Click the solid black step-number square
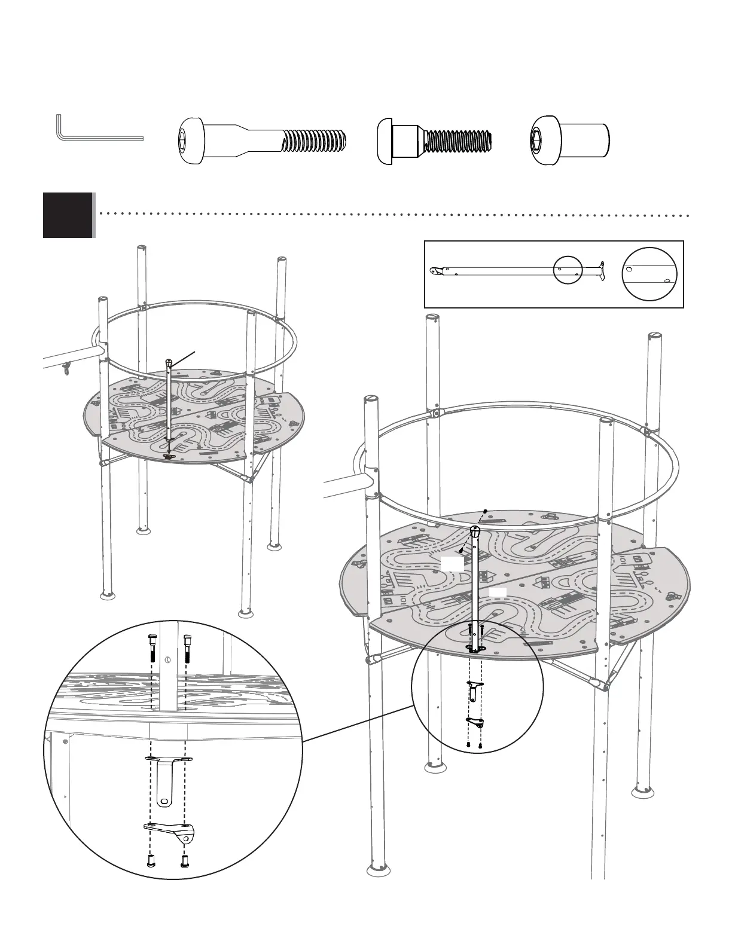tap(68, 215)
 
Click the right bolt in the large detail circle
tap(187, 648)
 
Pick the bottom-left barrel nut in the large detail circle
tap(151, 861)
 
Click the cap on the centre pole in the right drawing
tap(475, 531)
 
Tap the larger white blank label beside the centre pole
tap(452, 563)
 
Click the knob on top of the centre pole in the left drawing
tap(170, 362)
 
